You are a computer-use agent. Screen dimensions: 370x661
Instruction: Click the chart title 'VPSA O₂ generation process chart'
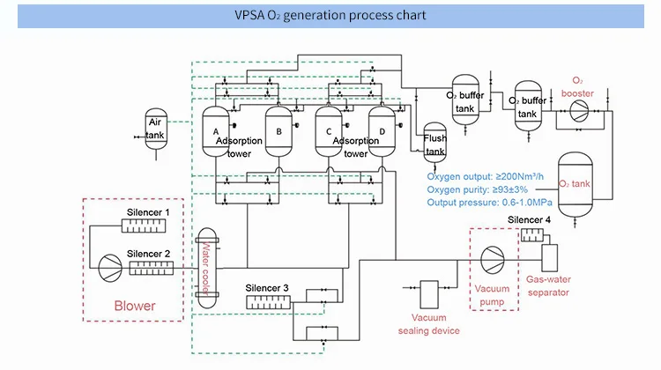pyautogui.click(x=330, y=15)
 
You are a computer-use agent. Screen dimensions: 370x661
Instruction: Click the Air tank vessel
pyautogui.click(x=156, y=129)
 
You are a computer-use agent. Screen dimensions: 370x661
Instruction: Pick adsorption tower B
pyautogui.click(x=279, y=132)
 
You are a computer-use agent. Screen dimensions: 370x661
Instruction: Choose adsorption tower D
pyautogui.click(x=382, y=132)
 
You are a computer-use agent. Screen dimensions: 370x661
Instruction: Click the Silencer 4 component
pyautogui.click(x=532, y=234)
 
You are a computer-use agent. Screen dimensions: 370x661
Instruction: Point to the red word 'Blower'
pyautogui.click(x=136, y=307)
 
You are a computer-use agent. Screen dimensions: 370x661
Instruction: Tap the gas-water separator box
pyautogui.click(x=551, y=258)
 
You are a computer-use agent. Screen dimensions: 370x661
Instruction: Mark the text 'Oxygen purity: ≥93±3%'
pyautogui.click(x=477, y=190)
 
